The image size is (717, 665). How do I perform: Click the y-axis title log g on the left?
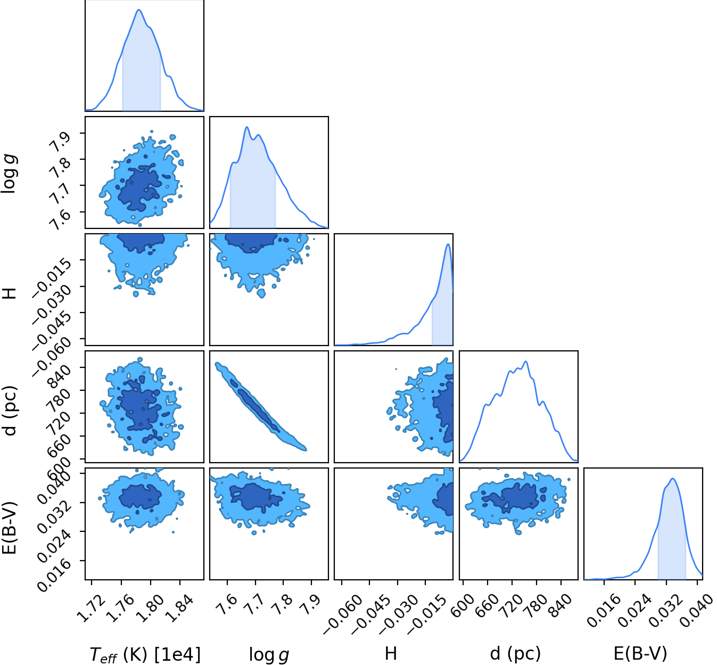(10, 174)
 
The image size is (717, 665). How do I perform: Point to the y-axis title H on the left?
(10, 291)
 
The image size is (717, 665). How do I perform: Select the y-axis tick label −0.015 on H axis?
(53, 276)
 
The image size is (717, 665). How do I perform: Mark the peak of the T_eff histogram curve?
(139, 10)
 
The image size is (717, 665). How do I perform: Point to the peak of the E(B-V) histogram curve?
(673, 479)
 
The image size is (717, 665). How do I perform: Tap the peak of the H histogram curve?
(448, 244)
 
